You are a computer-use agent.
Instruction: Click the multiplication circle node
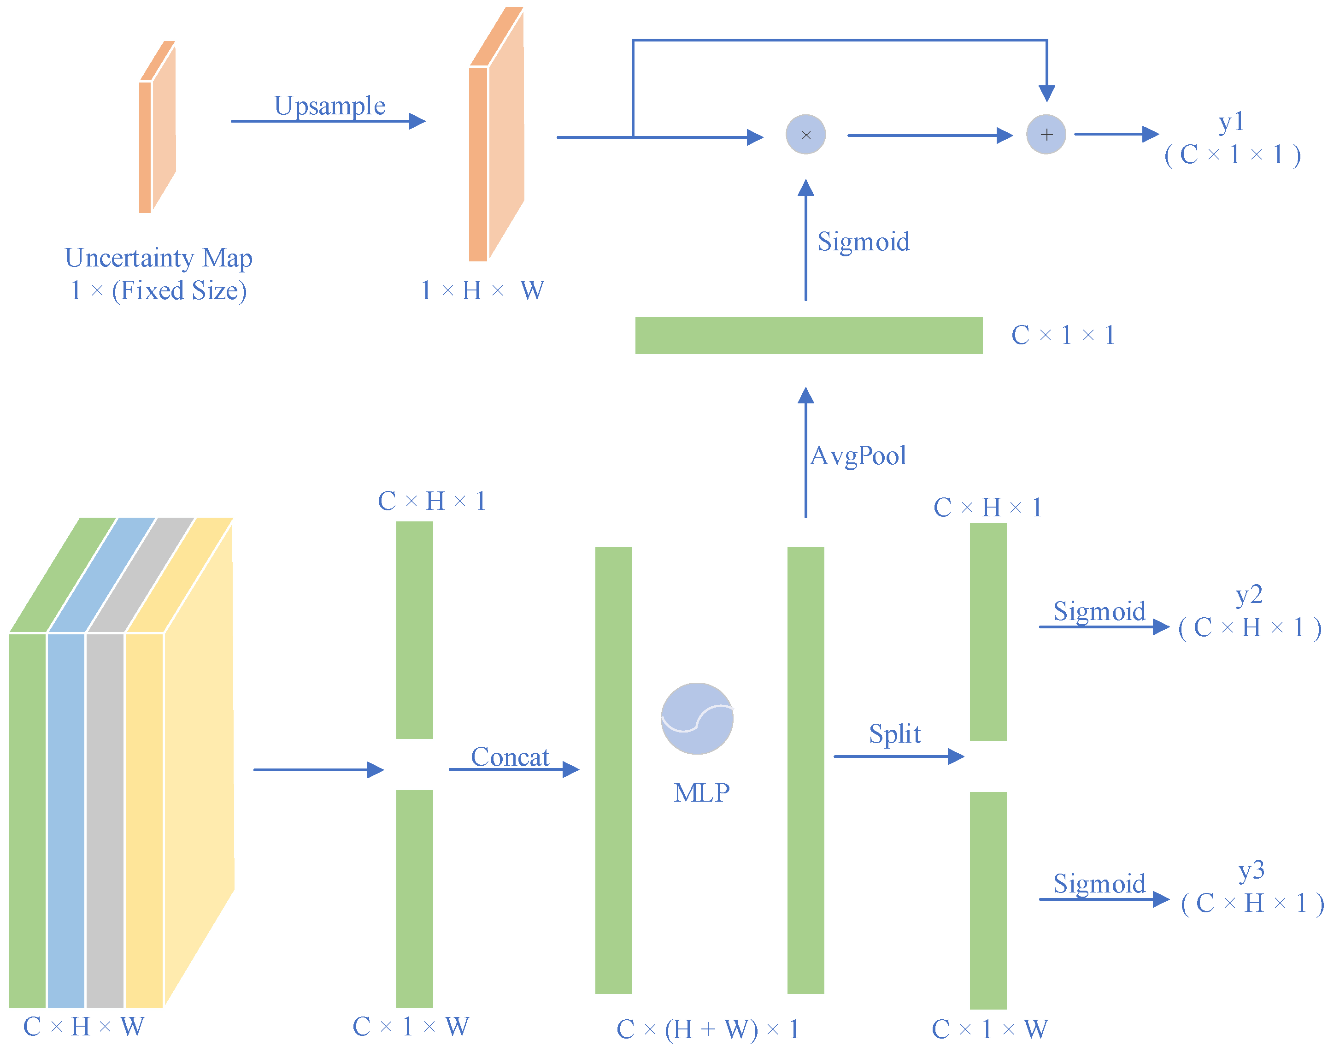805,135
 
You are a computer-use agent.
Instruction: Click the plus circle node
1046,135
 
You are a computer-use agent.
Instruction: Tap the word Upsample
329,106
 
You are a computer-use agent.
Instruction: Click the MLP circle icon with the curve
697,718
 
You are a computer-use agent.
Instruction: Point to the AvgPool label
858,455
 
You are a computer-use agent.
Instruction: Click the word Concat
510,757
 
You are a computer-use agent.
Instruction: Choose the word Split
895,733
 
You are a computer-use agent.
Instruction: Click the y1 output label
1231,121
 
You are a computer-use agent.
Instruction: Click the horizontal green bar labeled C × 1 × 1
808,336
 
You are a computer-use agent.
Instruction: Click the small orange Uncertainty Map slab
157,129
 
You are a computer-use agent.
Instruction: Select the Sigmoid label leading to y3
1099,884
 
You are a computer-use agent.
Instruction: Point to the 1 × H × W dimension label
482,290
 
